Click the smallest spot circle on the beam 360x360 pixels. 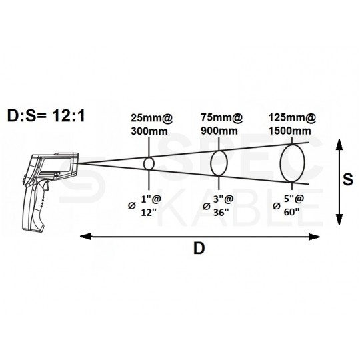coord(149,163)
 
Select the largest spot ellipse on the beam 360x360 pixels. coord(293,163)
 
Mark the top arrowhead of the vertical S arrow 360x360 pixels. coord(340,142)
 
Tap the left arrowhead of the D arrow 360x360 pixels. coord(85,234)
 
